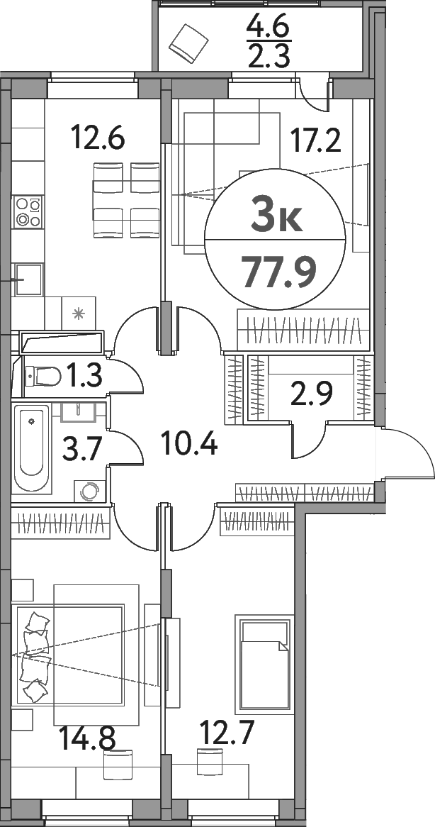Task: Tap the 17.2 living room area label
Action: point(317,140)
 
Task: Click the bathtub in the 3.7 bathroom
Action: point(32,448)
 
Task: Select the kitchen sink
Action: point(28,279)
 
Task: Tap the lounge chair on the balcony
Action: point(187,42)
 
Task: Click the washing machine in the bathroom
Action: point(89,491)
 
